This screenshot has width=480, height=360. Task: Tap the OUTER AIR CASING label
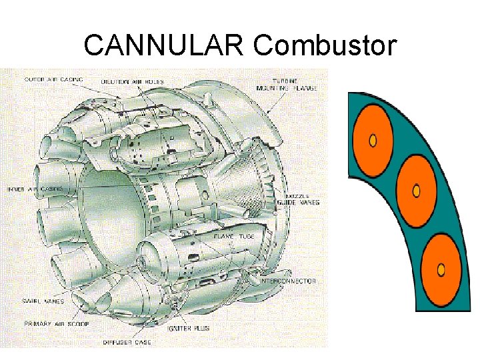[54, 79]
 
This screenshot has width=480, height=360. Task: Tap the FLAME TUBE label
[232, 236]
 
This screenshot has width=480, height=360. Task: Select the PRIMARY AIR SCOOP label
[57, 323]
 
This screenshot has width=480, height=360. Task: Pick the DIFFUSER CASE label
[127, 342]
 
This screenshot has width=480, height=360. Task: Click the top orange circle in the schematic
[374, 139]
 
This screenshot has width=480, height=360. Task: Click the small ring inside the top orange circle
[373, 140]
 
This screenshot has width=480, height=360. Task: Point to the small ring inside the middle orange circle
[417, 192]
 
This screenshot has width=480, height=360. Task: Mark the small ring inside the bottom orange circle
[440, 269]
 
